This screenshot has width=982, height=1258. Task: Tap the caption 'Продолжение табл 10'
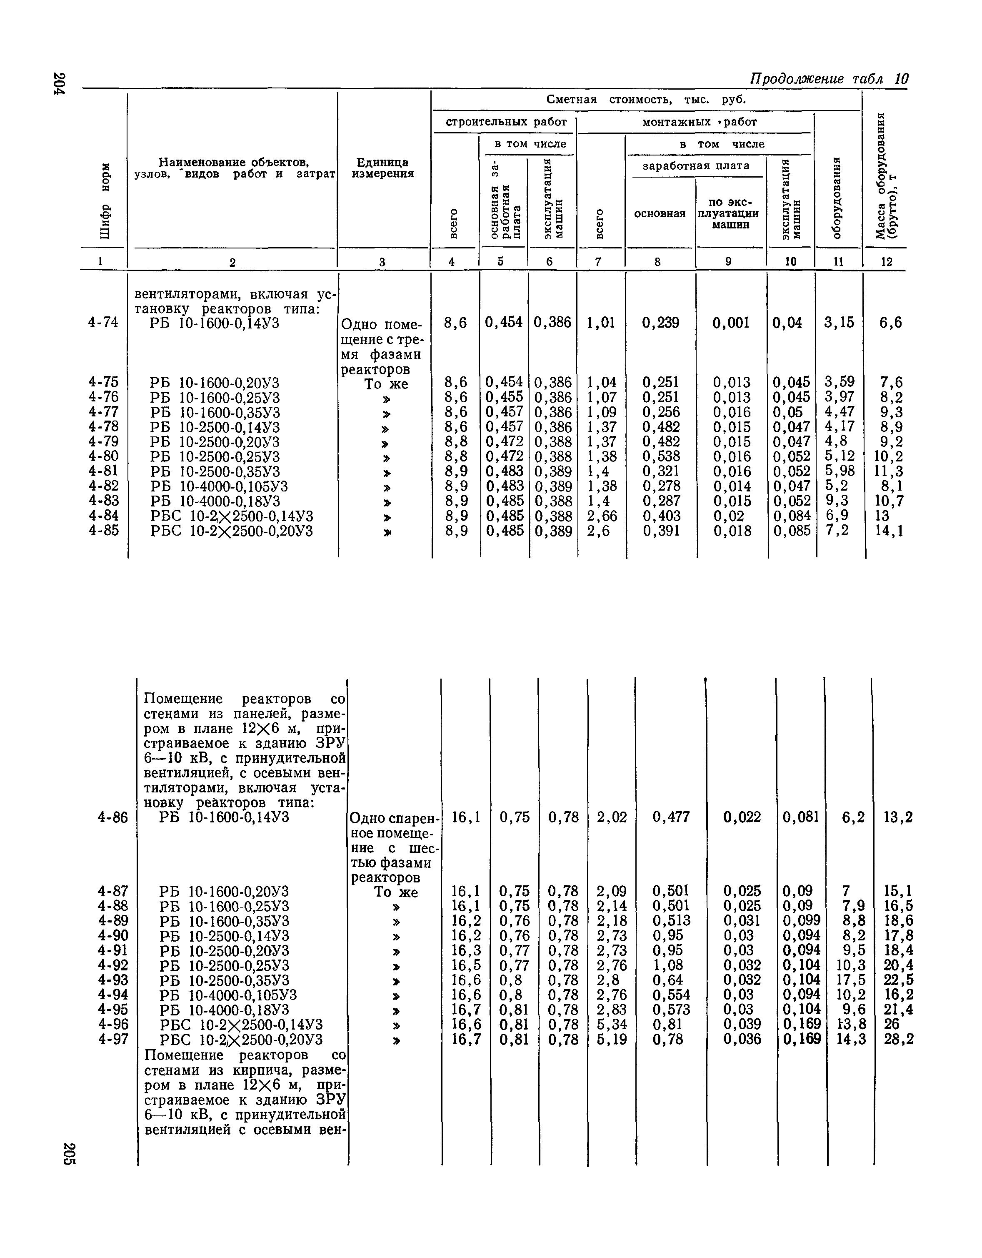[828, 78]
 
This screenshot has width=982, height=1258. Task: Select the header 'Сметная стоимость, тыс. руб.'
[646, 100]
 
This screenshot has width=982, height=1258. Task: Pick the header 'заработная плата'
[696, 166]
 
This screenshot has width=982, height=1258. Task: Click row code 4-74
[104, 323]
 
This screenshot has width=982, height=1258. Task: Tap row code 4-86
[113, 817]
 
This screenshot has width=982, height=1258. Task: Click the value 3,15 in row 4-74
[839, 323]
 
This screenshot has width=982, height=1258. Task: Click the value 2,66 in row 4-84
[602, 516]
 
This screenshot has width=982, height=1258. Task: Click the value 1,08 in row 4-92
[671, 965]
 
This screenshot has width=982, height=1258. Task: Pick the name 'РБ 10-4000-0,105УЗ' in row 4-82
[219, 486]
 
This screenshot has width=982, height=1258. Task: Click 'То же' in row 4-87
[395, 892]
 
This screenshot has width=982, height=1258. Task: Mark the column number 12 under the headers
[887, 261]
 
